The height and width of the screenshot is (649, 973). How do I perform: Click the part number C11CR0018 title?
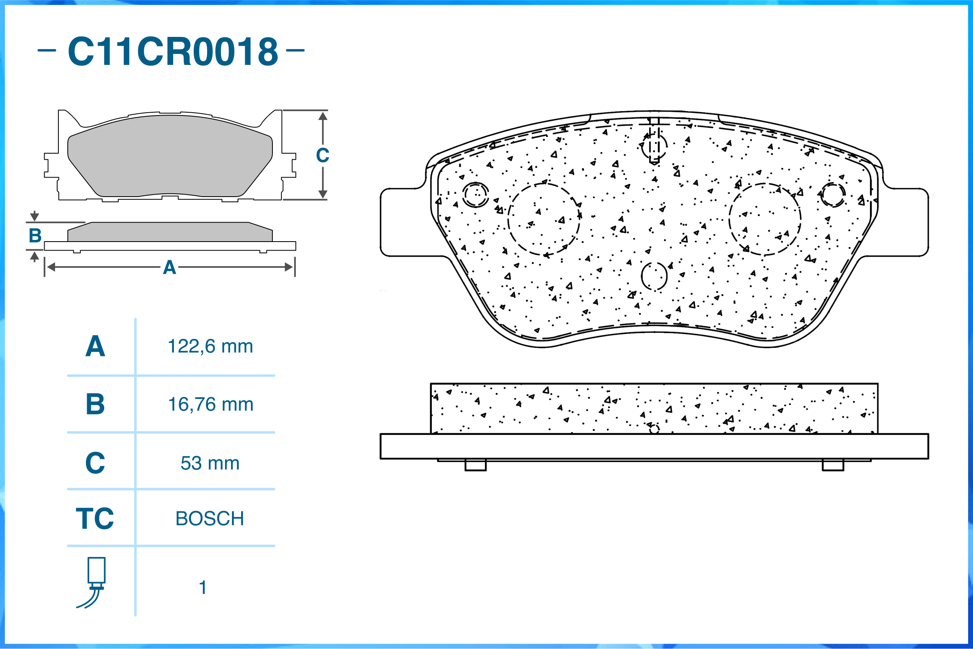[x=173, y=51]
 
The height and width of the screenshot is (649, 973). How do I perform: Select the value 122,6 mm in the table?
[x=210, y=347]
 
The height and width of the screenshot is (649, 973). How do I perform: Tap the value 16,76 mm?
[x=211, y=405]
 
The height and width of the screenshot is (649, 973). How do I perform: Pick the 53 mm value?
[x=210, y=463]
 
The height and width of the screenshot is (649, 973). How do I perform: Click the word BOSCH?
[x=210, y=518]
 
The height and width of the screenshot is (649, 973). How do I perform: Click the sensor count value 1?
[x=203, y=587]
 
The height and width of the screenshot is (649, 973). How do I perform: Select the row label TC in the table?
[x=95, y=518]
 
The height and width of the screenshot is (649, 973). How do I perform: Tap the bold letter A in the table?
[x=95, y=347]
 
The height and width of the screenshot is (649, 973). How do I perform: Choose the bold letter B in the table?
[x=95, y=405]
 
